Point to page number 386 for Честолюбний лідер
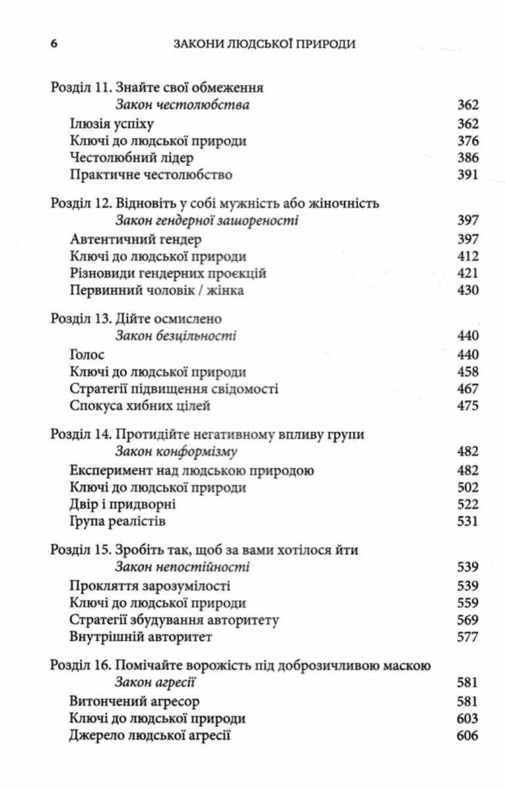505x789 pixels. click(465, 158)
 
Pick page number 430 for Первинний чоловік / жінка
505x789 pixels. click(465, 291)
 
